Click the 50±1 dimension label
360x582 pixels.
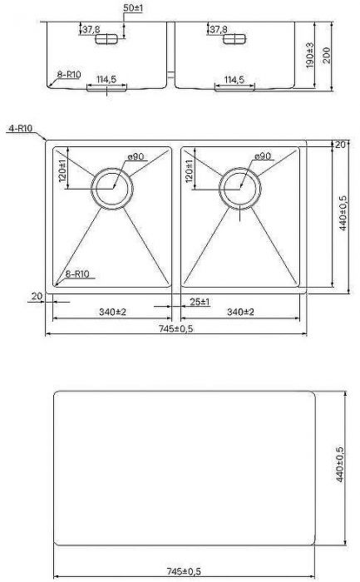(133, 7)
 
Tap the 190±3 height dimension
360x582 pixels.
(309, 56)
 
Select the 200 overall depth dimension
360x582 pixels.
(327, 56)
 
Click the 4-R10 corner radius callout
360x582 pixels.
(21, 128)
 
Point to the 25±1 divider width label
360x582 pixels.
(200, 302)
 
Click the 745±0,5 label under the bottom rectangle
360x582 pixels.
(184, 571)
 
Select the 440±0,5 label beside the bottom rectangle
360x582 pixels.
(340, 464)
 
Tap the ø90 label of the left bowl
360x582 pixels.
(136, 156)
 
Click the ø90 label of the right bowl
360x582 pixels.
(263, 156)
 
